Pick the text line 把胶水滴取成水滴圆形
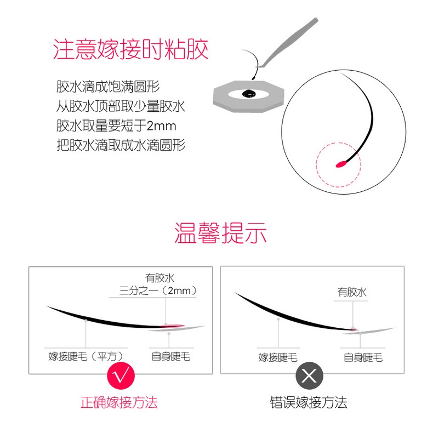[121, 145]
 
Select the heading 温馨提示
[220, 233]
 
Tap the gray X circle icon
[310, 375]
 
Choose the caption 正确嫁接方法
[119, 403]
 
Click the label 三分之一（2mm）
[158, 290]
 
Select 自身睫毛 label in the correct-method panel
[171, 356]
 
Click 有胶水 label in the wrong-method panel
[352, 293]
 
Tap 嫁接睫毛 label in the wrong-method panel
[278, 357]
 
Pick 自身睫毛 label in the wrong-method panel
[363, 357]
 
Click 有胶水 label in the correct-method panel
[159, 278]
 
